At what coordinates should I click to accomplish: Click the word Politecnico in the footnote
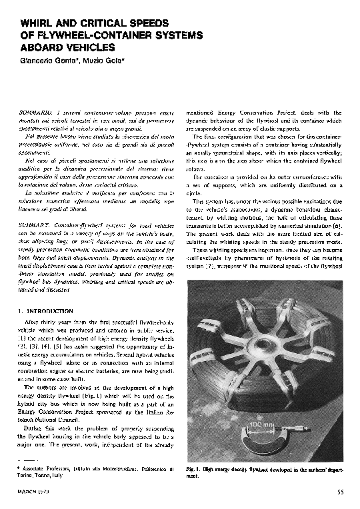[x=153, y=470]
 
